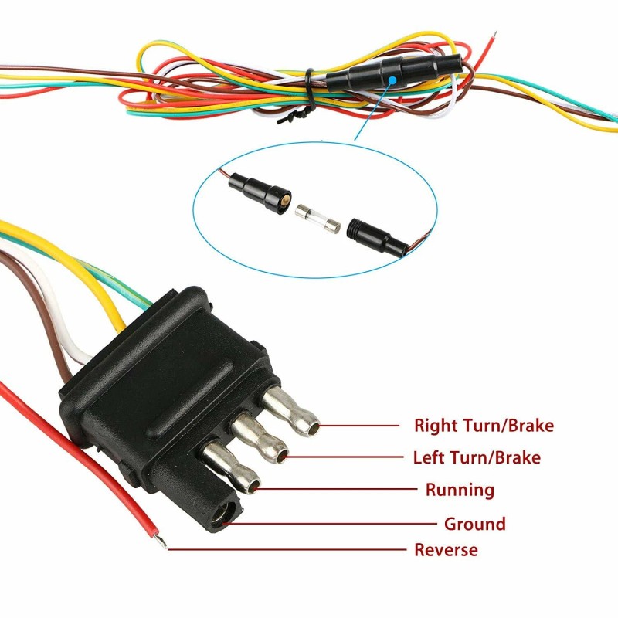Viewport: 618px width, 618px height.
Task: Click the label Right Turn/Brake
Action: pos(484,425)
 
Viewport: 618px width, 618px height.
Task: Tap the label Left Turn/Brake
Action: pos(477,457)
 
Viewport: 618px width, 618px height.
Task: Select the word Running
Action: pos(460,490)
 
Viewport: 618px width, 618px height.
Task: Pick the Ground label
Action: pos(474,524)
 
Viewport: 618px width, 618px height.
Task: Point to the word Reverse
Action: pos(446,550)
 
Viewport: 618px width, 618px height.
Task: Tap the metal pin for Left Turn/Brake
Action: pos(262,441)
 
